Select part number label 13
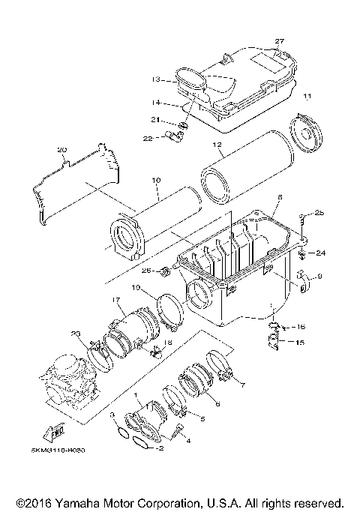point(156,78)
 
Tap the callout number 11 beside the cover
point(307,98)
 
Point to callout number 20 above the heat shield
point(62,150)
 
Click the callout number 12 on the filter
point(217,144)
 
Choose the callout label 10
point(156,181)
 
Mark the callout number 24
point(321,253)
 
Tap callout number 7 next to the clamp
point(241,385)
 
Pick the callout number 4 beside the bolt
point(188,442)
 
